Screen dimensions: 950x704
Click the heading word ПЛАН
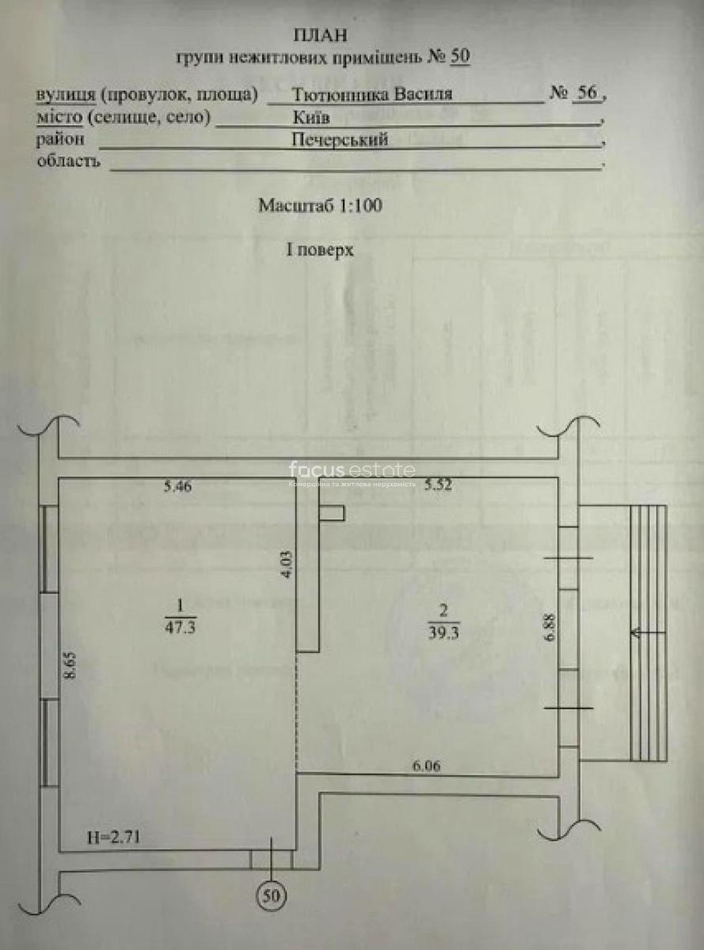point(319,36)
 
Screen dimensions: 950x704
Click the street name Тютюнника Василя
point(372,94)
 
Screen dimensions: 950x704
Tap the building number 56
point(586,93)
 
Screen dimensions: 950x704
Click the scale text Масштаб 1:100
point(320,205)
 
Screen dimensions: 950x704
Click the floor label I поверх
point(319,249)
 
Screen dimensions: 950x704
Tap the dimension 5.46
point(178,487)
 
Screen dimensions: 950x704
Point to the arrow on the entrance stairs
point(641,632)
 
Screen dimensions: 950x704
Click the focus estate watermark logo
point(351,470)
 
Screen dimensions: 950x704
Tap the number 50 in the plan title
point(460,57)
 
